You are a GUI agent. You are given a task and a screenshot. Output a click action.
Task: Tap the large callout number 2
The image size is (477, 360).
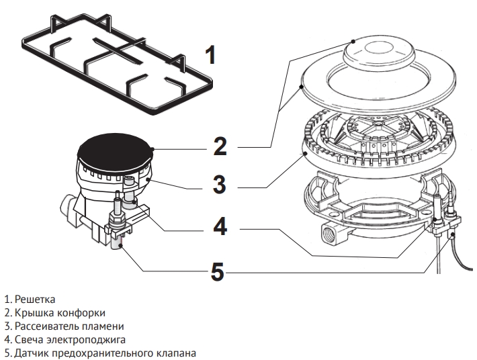pyautogui.click(x=220, y=146)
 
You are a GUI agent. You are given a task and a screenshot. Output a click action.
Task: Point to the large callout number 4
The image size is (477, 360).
pyautogui.click(x=220, y=228)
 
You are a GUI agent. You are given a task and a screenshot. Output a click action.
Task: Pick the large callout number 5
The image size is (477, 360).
pyautogui.click(x=218, y=271)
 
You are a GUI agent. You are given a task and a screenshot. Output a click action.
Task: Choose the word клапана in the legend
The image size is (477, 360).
pyautogui.click(x=177, y=353)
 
